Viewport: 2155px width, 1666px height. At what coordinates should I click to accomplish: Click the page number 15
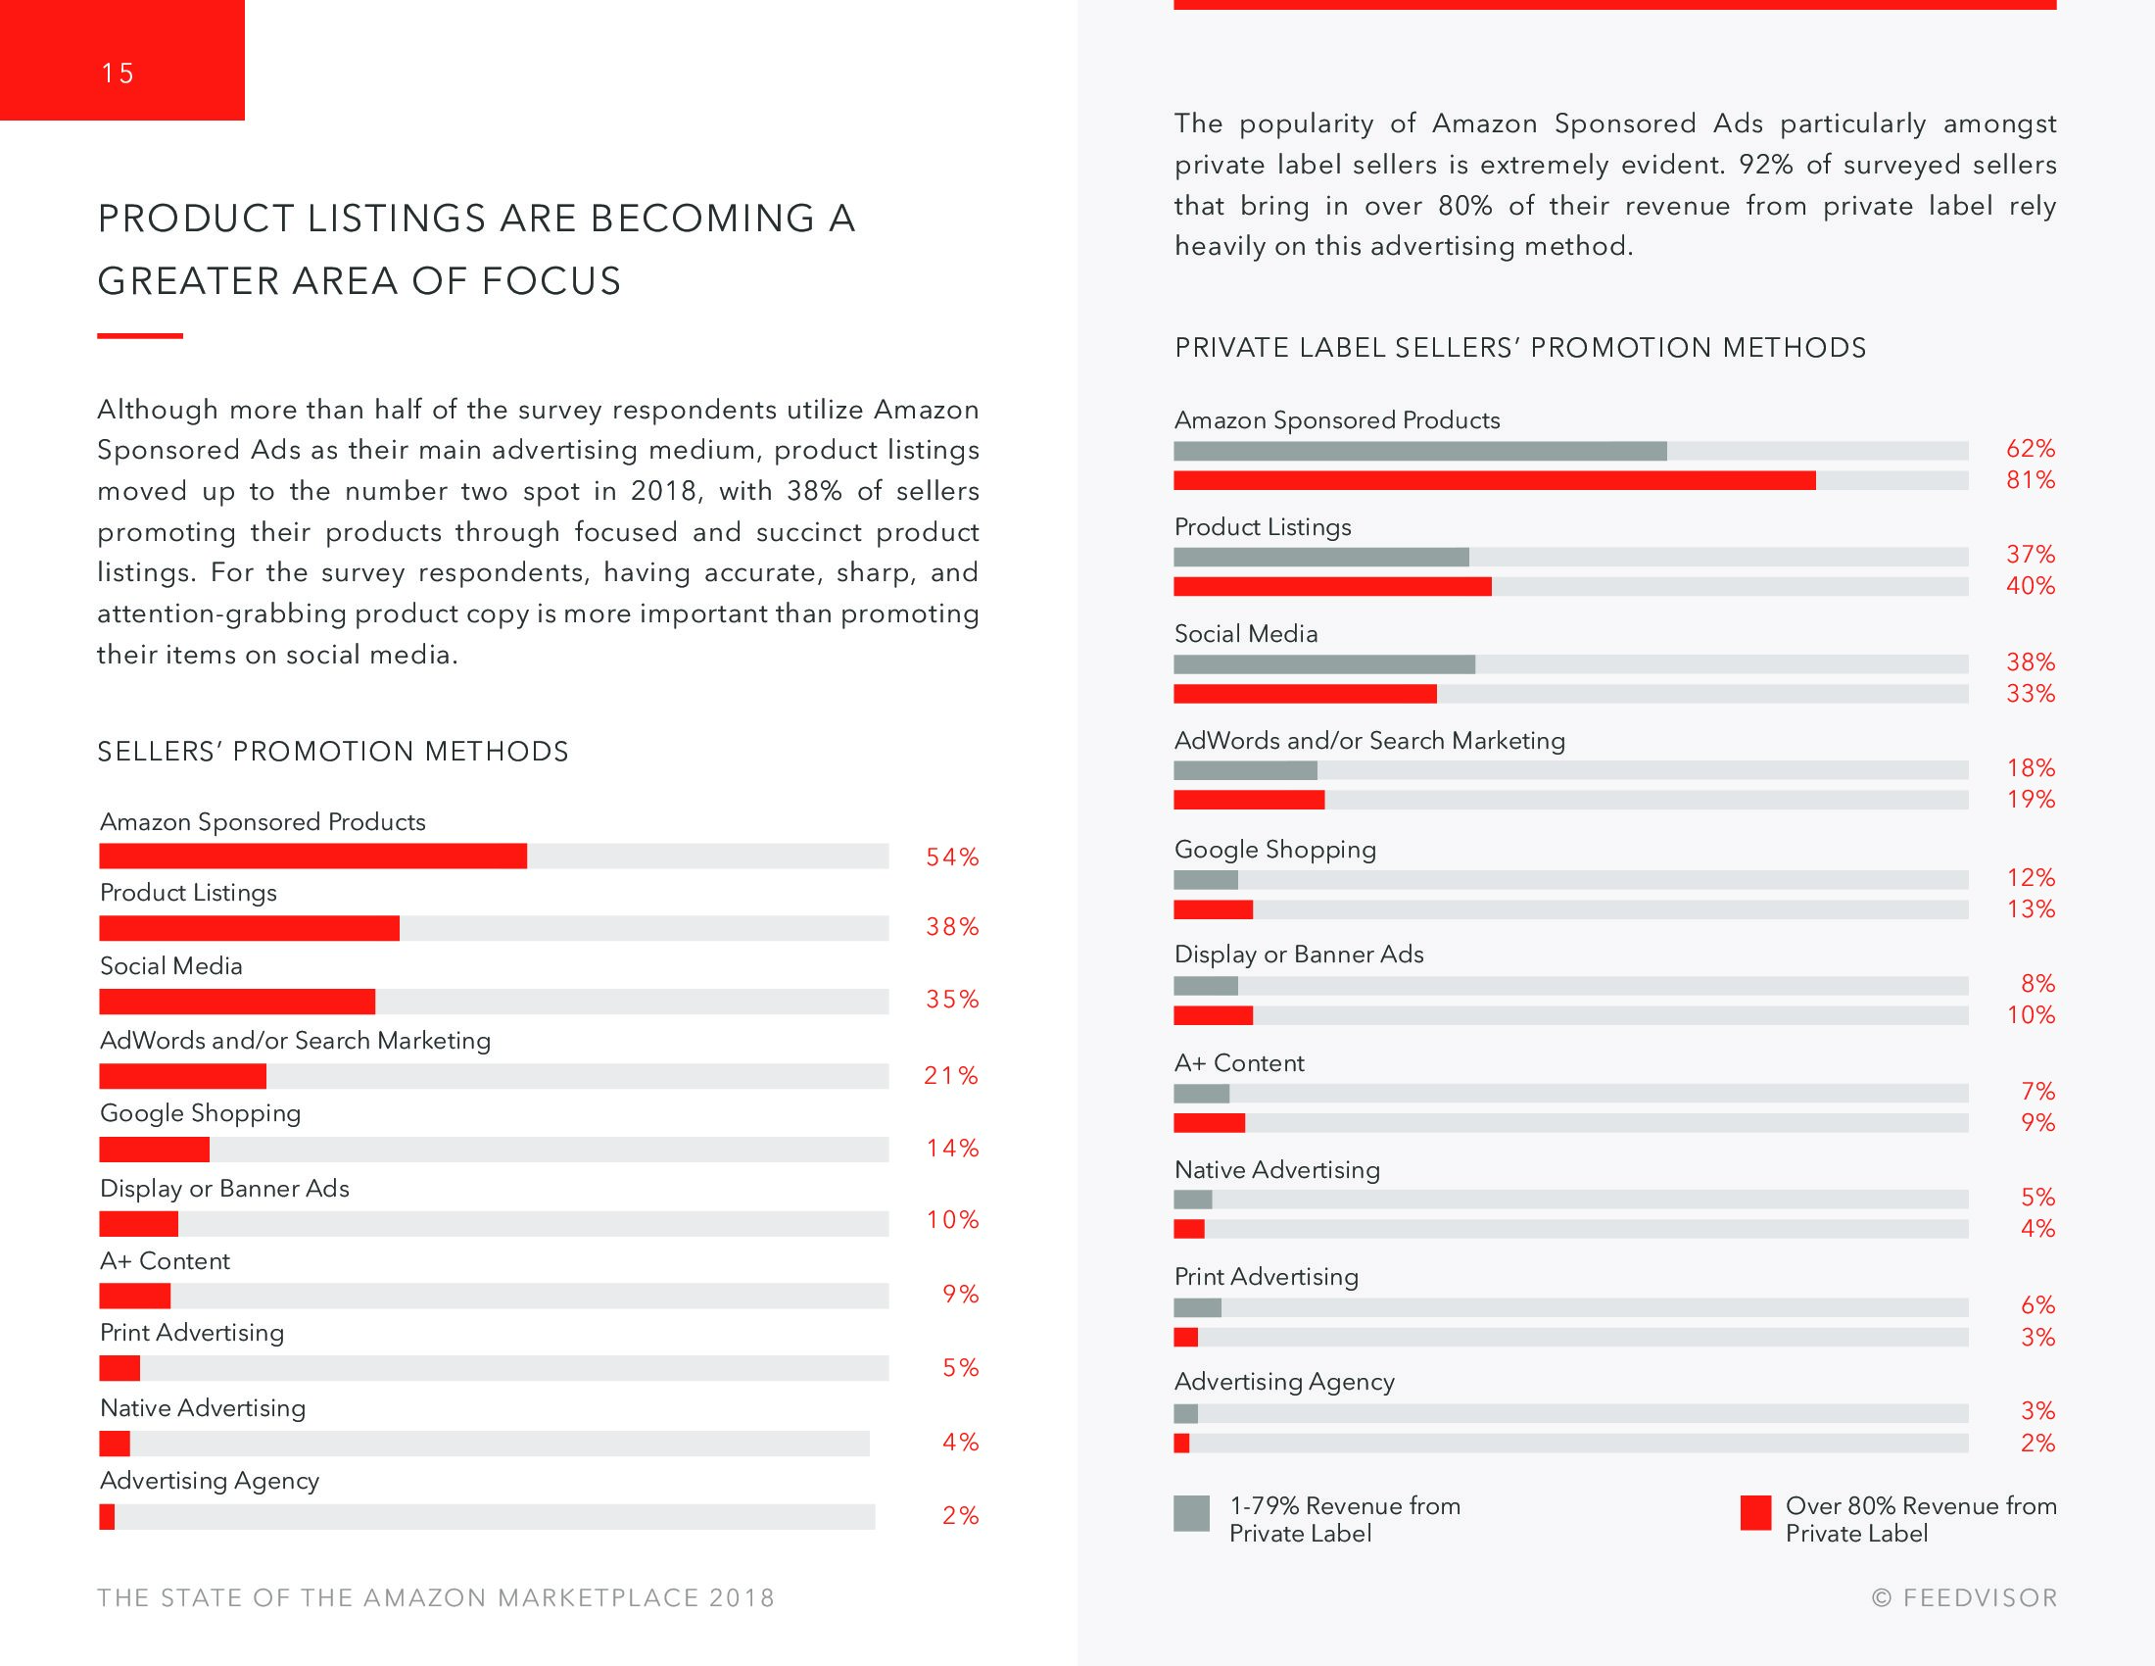click(118, 74)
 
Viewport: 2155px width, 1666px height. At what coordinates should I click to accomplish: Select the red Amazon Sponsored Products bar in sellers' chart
click(312, 856)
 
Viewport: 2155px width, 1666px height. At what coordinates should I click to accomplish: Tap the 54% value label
click(952, 857)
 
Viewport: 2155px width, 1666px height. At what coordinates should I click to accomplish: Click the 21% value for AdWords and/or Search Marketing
click(951, 1076)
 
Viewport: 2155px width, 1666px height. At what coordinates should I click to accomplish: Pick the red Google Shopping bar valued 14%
click(154, 1149)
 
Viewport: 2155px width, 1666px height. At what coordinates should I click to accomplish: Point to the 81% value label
click(2031, 480)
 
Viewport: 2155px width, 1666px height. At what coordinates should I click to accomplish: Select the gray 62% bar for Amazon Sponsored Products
click(1420, 451)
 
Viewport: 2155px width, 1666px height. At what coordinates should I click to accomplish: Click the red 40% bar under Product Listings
click(1332, 587)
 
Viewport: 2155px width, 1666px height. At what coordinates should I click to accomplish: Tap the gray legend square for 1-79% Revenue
click(1191, 1513)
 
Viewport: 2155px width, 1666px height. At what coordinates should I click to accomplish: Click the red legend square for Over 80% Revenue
click(1755, 1513)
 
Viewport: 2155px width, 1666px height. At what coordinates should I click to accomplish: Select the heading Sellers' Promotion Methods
click(332, 752)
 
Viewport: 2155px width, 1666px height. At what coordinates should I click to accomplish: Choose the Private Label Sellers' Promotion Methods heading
click(1519, 349)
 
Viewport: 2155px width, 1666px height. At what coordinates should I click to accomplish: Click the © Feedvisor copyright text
click(1965, 1598)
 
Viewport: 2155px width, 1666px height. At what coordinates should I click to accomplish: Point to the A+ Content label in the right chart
click(1238, 1063)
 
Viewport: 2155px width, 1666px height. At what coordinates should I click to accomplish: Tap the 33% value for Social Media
click(2031, 694)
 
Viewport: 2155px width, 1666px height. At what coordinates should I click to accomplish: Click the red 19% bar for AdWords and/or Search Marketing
click(1248, 800)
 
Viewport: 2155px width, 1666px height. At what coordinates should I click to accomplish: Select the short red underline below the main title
click(140, 336)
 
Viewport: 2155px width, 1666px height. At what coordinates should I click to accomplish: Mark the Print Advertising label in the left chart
click(191, 1333)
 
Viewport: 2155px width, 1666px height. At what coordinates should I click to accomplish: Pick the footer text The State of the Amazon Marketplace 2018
click(436, 1598)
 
